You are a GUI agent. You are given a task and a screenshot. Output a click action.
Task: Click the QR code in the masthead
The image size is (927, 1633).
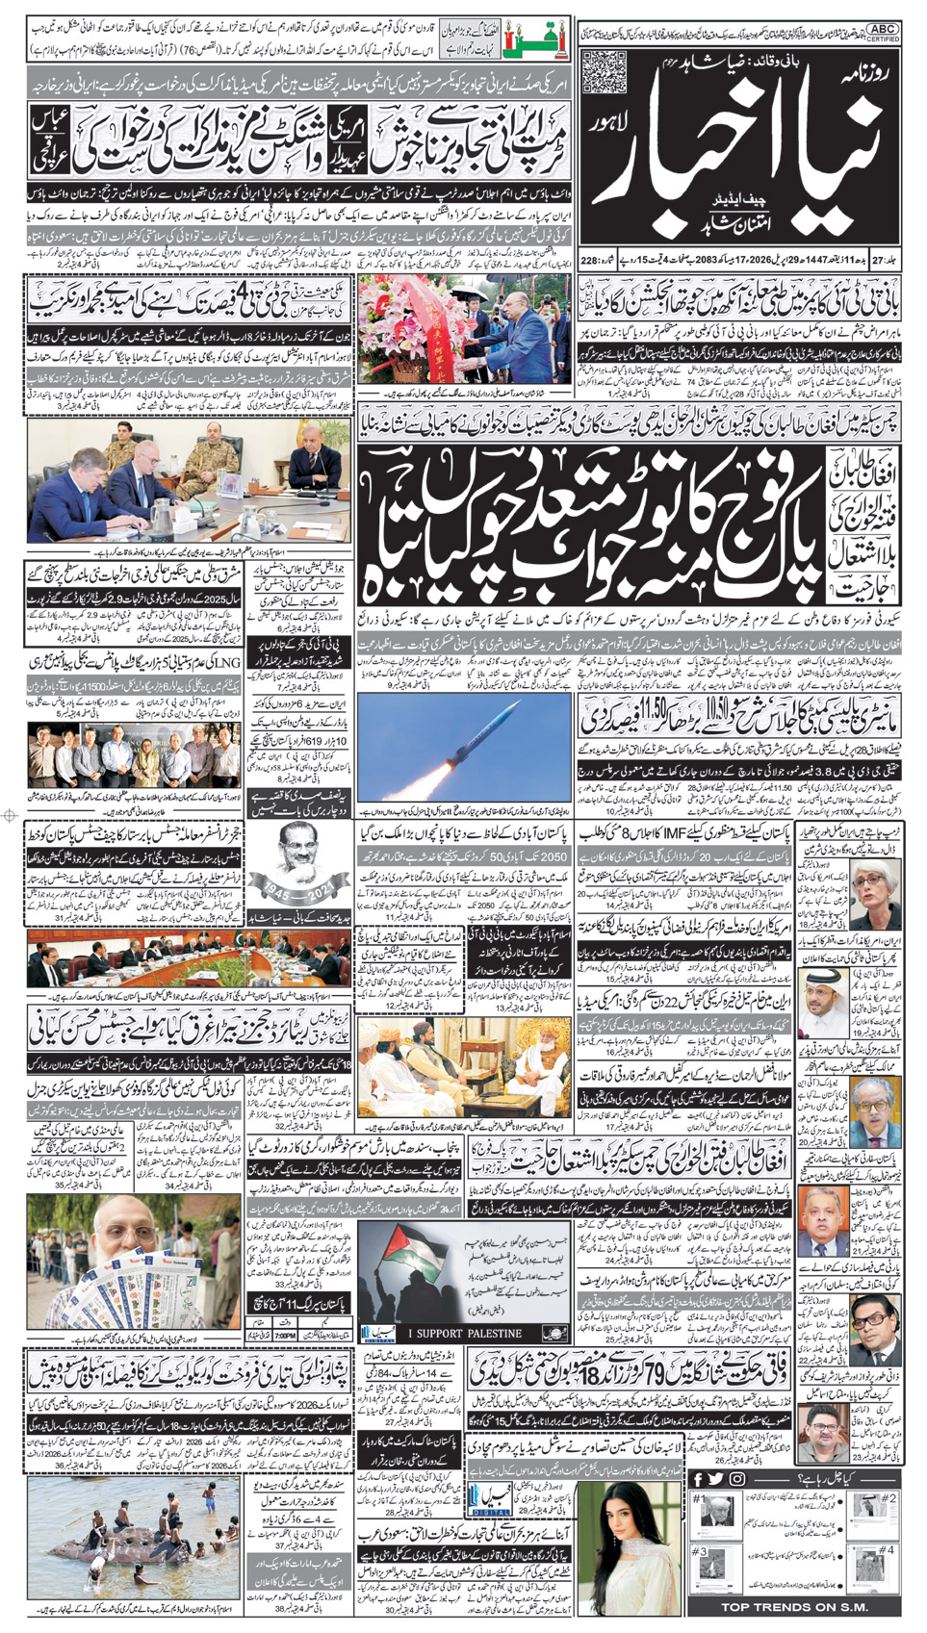pos(604,72)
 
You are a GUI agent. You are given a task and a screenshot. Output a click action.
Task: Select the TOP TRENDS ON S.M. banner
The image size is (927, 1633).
pos(794,1607)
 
